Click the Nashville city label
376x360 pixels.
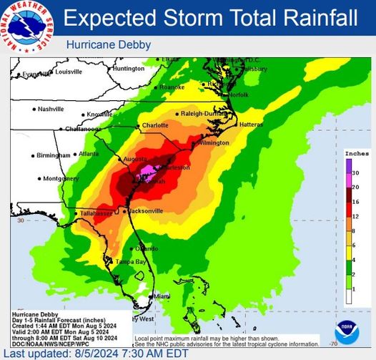[51, 110]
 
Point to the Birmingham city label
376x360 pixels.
[54, 155]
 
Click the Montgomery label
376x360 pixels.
[60, 178]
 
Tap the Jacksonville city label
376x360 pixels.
[147, 211]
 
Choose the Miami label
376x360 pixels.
[162, 296]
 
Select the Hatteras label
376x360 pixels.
[252, 124]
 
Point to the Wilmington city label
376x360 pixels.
[214, 142]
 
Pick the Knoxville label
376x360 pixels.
[99, 115]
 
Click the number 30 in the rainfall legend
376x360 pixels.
[355, 173]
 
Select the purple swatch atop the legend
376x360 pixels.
[348, 167]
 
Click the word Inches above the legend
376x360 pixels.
[357, 153]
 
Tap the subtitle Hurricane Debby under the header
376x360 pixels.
[109, 45]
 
